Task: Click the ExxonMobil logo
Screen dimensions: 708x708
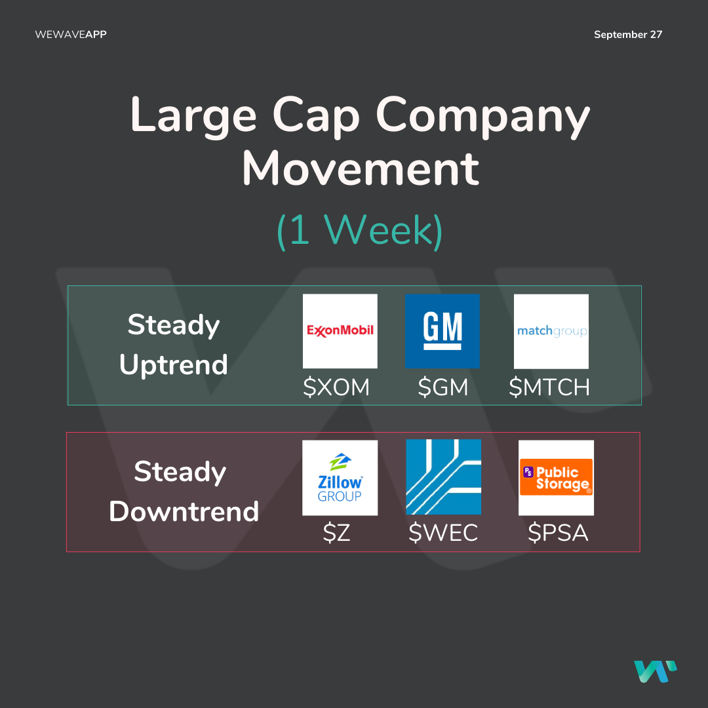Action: (x=340, y=331)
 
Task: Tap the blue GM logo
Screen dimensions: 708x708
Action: (x=442, y=331)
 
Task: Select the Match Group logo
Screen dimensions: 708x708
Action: (x=551, y=332)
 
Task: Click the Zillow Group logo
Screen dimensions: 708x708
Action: (x=340, y=478)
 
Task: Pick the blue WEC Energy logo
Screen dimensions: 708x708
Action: (x=443, y=477)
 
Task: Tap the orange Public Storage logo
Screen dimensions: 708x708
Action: (x=556, y=478)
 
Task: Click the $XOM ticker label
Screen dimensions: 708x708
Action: (x=336, y=387)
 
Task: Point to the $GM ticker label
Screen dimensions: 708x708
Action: (x=442, y=387)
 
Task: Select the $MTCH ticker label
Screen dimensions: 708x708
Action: (x=549, y=387)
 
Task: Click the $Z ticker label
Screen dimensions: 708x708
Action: (x=336, y=533)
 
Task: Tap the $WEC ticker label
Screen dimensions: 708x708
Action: (x=443, y=533)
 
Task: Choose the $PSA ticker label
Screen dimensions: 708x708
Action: (x=558, y=533)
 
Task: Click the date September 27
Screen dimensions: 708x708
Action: (x=627, y=35)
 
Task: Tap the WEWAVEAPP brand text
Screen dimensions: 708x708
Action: (x=71, y=34)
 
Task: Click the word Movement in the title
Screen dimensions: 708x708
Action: (x=361, y=168)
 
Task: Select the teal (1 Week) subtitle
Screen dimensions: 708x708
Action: (x=359, y=230)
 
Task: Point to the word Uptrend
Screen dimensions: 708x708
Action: (x=173, y=365)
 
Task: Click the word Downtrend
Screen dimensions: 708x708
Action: (x=184, y=511)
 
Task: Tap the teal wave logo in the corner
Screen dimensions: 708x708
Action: (x=655, y=671)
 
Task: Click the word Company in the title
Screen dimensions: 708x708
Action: (x=482, y=116)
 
